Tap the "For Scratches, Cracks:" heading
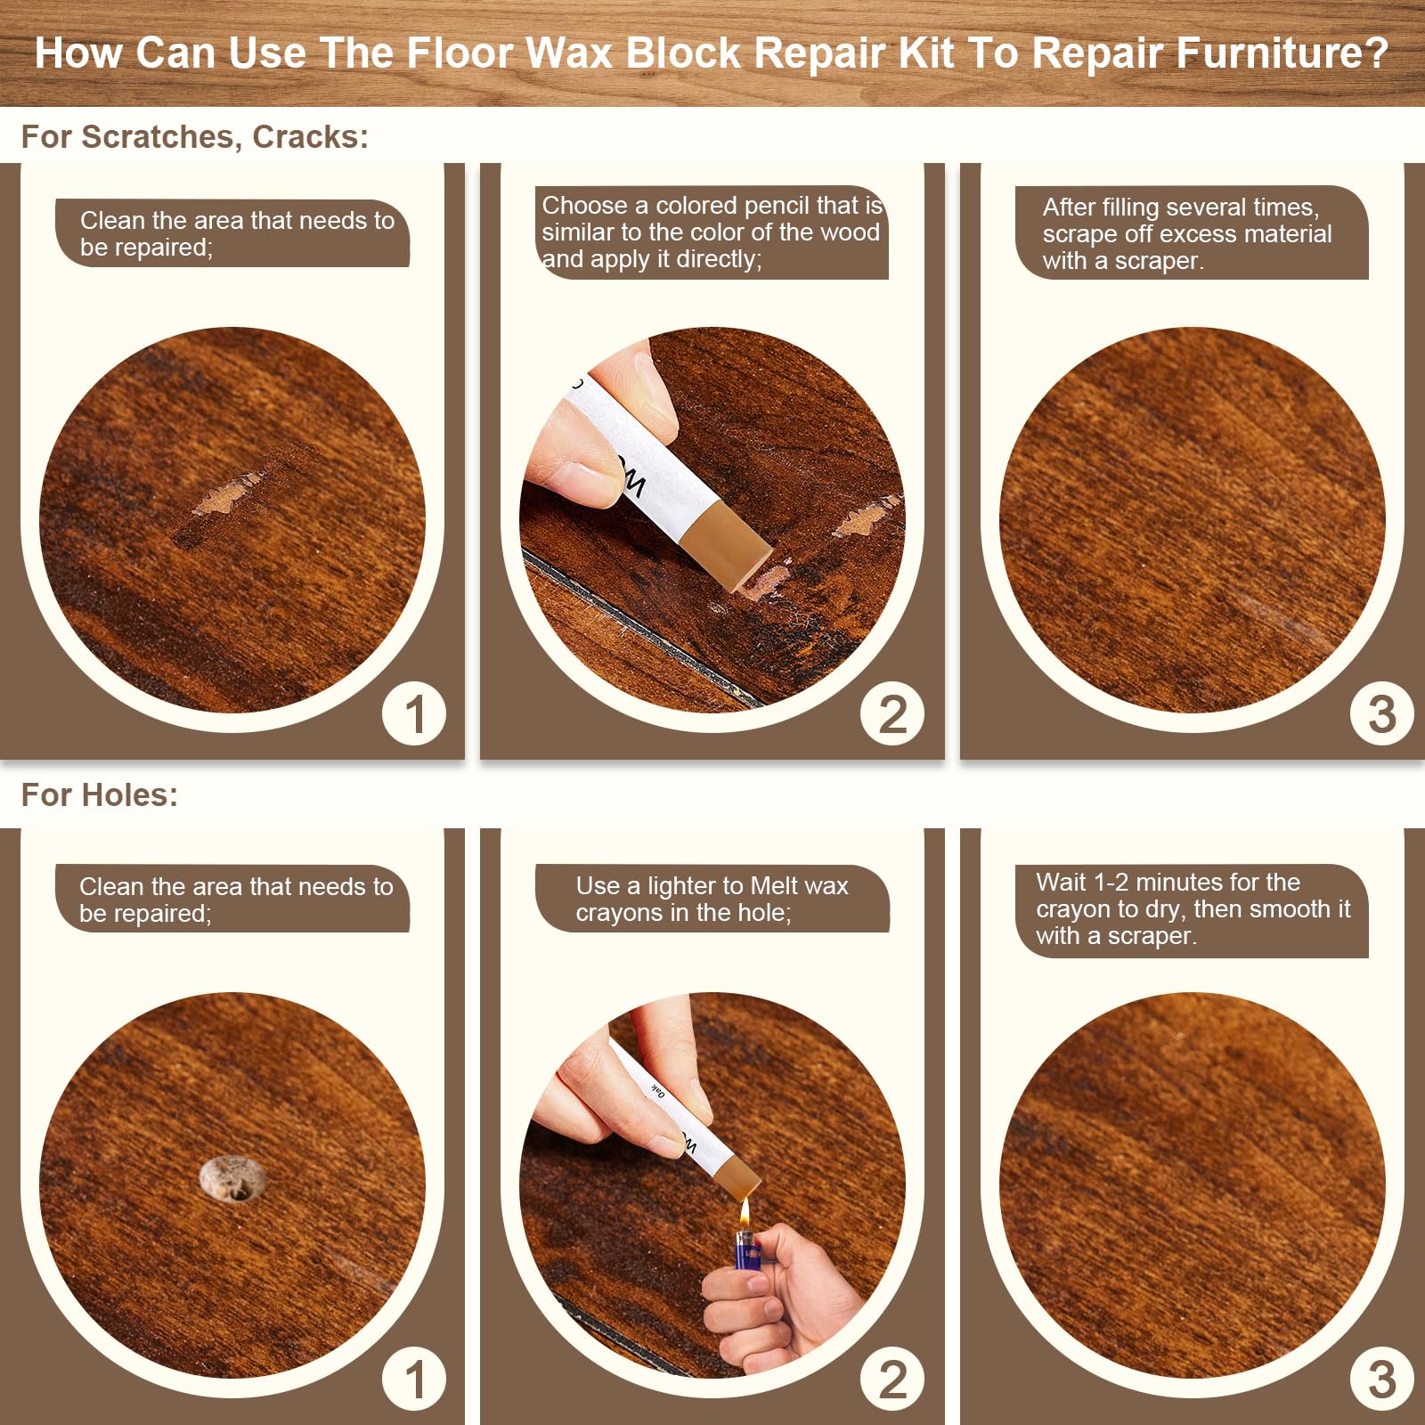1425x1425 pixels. (194, 136)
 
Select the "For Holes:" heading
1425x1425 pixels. (99, 794)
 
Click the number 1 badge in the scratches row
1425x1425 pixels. (414, 713)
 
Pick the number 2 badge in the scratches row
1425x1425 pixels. (892, 713)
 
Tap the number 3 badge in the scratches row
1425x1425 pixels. (1381, 713)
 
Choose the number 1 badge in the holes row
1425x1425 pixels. (414, 1379)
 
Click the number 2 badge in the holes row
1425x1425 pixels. (892, 1379)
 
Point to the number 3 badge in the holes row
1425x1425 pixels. (1381, 1379)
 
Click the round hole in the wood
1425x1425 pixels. (232, 1179)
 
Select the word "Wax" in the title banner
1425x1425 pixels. (569, 53)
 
